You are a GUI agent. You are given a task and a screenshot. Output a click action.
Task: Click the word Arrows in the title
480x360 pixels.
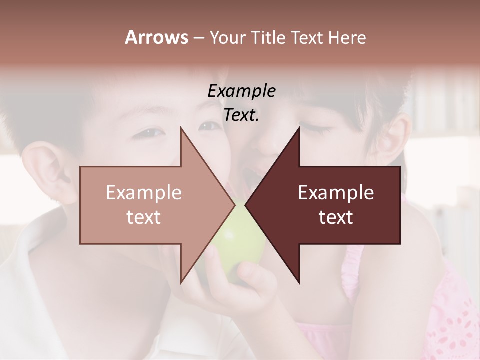click(x=156, y=37)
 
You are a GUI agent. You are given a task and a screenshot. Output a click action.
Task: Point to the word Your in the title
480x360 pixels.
click(x=226, y=38)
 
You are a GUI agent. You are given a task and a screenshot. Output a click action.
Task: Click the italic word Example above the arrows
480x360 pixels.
click(x=241, y=91)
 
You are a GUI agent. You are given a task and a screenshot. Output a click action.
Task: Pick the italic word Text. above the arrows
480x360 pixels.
click(x=241, y=115)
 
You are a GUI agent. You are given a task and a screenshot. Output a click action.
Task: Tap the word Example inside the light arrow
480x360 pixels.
click(x=143, y=193)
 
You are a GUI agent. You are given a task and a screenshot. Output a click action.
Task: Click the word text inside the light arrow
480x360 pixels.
click(x=143, y=217)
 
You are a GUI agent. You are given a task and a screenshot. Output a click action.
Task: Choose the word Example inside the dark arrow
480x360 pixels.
click(x=336, y=193)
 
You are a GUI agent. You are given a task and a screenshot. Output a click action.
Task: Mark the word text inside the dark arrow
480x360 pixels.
click(x=336, y=217)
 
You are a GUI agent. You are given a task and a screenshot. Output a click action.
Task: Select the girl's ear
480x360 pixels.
click(x=392, y=137)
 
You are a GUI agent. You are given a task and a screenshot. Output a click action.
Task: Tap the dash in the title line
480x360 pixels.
click(x=198, y=38)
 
